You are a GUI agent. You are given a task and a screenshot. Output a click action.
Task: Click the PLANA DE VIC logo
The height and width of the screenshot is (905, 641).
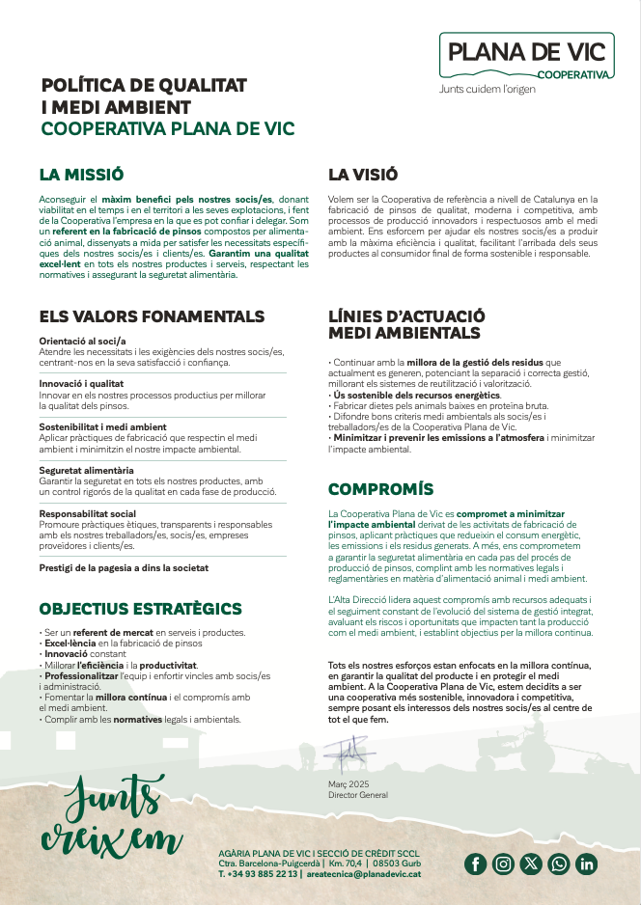click(x=527, y=55)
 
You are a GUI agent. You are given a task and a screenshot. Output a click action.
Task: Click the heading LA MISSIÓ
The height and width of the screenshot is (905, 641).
click(x=81, y=175)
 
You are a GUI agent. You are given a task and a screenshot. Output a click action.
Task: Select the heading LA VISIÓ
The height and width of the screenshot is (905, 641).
click(x=363, y=175)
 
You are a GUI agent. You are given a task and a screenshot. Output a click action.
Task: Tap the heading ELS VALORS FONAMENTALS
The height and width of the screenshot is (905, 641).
click(x=152, y=316)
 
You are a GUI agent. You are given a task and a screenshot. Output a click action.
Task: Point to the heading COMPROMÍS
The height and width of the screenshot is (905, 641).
click(x=380, y=489)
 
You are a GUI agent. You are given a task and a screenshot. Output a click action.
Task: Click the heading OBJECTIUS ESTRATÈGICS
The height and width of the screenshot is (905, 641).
click(x=140, y=609)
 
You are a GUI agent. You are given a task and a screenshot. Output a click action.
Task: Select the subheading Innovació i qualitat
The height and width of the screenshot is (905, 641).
click(x=82, y=383)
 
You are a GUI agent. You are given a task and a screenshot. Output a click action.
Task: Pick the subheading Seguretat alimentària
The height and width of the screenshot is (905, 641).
click(x=86, y=470)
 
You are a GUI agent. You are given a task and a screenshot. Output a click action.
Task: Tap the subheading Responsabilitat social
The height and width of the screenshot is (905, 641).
click(x=87, y=513)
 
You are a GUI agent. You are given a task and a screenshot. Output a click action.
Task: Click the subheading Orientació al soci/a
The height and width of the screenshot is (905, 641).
click(x=83, y=341)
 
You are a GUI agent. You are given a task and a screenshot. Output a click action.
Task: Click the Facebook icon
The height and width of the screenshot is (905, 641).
click(x=475, y=864)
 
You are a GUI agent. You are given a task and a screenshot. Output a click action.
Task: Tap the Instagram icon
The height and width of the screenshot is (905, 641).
click(x=503, y=864)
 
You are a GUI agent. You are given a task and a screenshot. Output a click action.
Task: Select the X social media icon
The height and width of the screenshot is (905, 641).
click(x=531, y=864)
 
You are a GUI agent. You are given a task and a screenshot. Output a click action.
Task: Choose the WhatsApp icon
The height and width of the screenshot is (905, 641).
click(x=559, y=864)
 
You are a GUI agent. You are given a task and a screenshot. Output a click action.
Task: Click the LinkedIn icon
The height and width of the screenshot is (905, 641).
click(x=587, y=864)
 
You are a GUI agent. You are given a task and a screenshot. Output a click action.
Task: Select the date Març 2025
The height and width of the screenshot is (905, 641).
click(x=348, y=784)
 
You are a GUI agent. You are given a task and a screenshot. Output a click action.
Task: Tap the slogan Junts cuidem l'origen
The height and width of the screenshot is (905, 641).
click(x=487, y=90)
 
